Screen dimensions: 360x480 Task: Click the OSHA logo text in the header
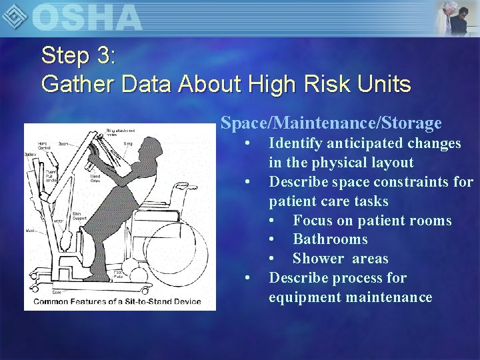[x=87, y=17]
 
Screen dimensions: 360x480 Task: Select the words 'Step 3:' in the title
[x=79, y=55]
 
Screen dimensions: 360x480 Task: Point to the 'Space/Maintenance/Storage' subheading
[x=331, y=123]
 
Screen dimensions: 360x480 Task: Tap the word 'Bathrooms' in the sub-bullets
[x=330, y=239]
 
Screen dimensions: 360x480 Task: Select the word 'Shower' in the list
[x=317, y=259]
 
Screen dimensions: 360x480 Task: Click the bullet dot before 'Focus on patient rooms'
[x=273, y=221]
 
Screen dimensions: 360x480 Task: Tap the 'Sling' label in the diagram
[x=128, y=143]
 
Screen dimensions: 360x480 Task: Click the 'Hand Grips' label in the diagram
[x=96, y=177]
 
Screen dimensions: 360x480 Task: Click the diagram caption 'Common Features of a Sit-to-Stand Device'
[x=117, y=301]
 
